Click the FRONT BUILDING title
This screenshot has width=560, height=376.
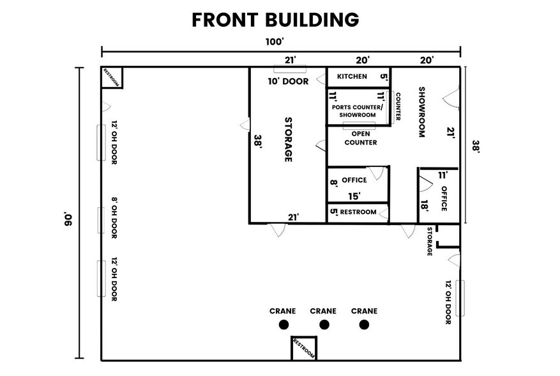click(x=275, y=20)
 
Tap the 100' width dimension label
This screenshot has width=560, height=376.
click(x=275, y=42)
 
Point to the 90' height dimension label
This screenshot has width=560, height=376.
click(x=68, y=219)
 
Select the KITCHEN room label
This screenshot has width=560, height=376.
click(x=352, y=76)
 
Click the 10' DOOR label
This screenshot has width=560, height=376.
click(x=288, y=81)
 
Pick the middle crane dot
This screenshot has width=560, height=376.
click(x=324, y=324)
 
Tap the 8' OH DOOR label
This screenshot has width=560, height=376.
click(x=114, y=218)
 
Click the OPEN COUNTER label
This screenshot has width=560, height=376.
click(x=361, y=138)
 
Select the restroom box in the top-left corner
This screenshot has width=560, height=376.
click(x=112, y=77)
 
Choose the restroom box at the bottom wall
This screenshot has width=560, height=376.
click(x=304, y=348)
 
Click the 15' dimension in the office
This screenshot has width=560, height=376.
click(x=354, y=196)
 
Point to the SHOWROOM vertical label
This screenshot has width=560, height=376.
click(x=422, y=112)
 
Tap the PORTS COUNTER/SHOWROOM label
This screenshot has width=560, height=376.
click(x=357, y=111)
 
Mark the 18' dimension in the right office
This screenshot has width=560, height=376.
click(x=424, y=205)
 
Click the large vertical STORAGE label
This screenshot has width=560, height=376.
click(x=288, y=139)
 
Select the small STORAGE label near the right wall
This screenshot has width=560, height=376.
click(x=430, y=242)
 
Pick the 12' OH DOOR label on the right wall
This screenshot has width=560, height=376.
click(x=448, y=302)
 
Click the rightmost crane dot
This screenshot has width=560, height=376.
click(x=364, y=324)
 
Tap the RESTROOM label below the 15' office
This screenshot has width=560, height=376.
click(x=358, y=212)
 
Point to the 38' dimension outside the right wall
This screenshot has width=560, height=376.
click(x=476, y=146)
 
